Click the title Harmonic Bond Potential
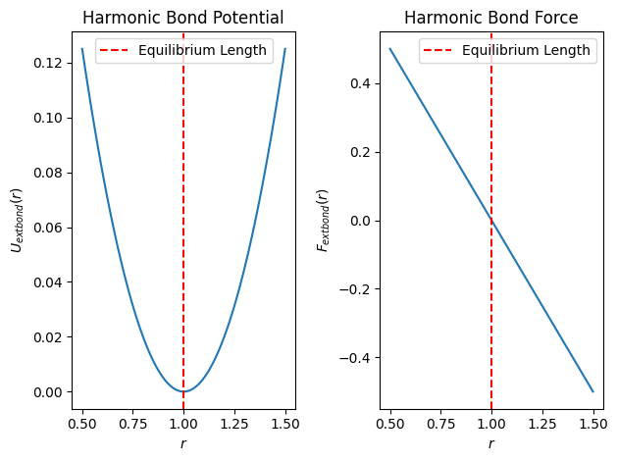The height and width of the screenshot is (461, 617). (183, 18)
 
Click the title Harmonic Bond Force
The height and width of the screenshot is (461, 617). (491, 18)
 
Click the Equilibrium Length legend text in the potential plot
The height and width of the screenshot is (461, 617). (202, 51)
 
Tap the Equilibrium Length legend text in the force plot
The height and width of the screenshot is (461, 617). (526, 51)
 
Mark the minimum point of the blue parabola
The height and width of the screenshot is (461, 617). (183, 391)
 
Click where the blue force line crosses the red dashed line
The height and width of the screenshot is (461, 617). (491, 221)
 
